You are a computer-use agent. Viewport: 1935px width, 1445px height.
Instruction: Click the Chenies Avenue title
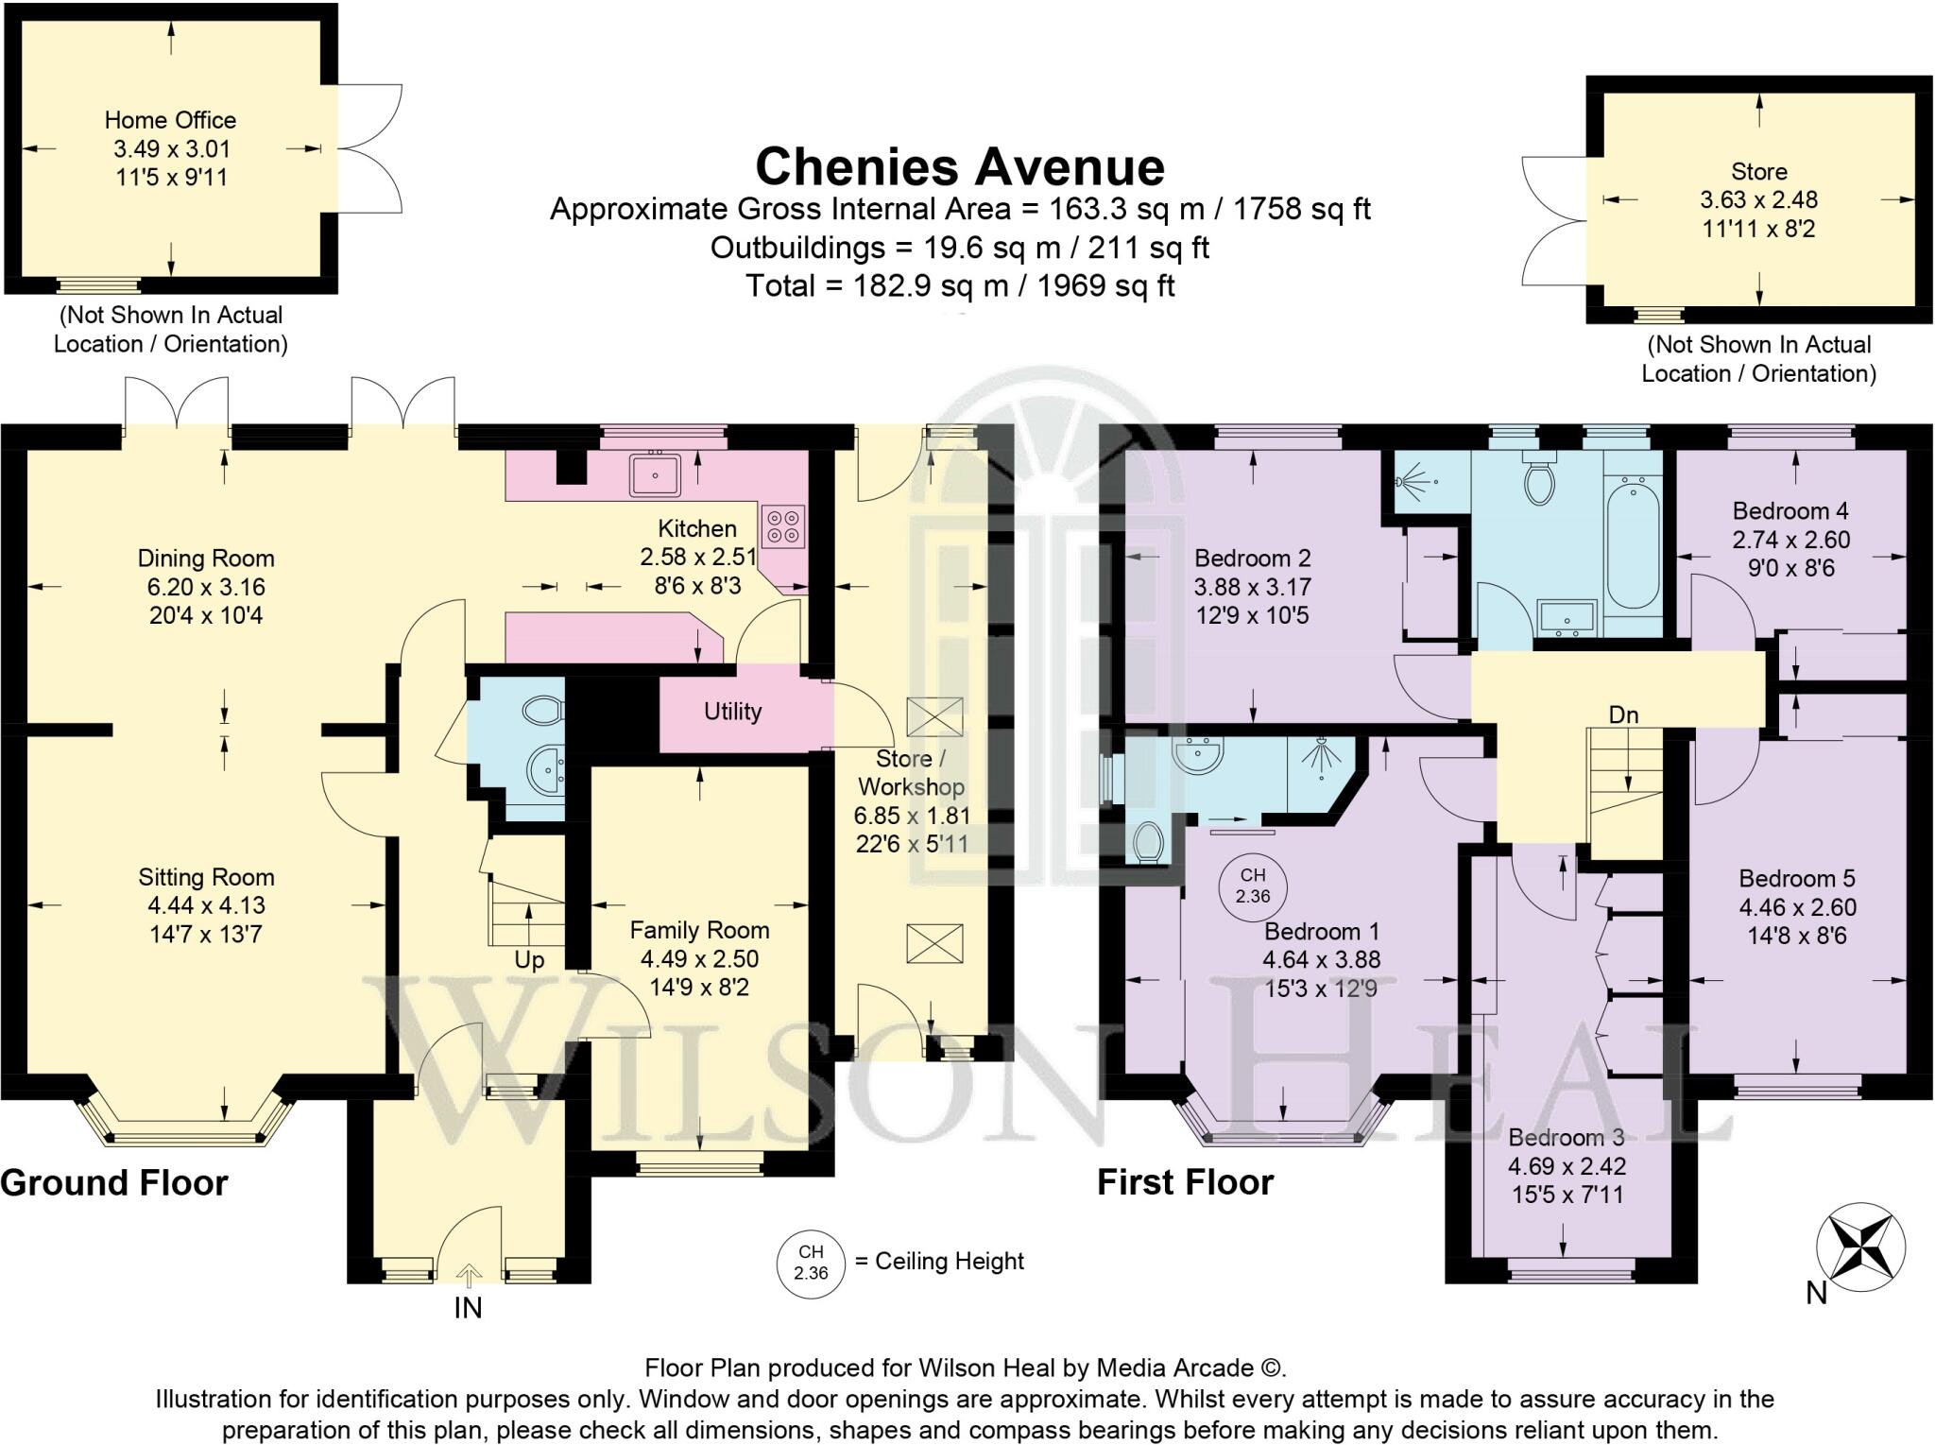tap(959, 167)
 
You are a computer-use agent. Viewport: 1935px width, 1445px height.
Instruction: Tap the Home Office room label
tap(170, 120)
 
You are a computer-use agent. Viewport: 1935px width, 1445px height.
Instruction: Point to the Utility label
tap(732, 712)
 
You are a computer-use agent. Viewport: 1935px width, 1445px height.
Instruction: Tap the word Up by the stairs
tap(529, 960)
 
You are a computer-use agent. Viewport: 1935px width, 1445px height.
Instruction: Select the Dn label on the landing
tap(1623, 715)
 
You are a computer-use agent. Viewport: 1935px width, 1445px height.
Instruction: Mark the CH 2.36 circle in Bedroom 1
tap(1252, 886)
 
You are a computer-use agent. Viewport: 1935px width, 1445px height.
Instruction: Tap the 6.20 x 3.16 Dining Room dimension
tap(205, 587)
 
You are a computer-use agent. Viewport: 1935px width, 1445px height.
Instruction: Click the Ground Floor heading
tap(114, 1182)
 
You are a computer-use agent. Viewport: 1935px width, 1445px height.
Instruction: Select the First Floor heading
tap(1185, 1182)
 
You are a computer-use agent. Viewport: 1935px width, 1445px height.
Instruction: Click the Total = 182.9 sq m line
tap(959, 285)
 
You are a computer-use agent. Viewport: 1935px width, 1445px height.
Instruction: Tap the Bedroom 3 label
tap(1566, 1138)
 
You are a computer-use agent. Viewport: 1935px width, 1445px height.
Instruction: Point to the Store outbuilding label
tap(1758, 171)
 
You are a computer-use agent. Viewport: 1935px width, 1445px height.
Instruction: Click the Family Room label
tap(699, 930)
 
